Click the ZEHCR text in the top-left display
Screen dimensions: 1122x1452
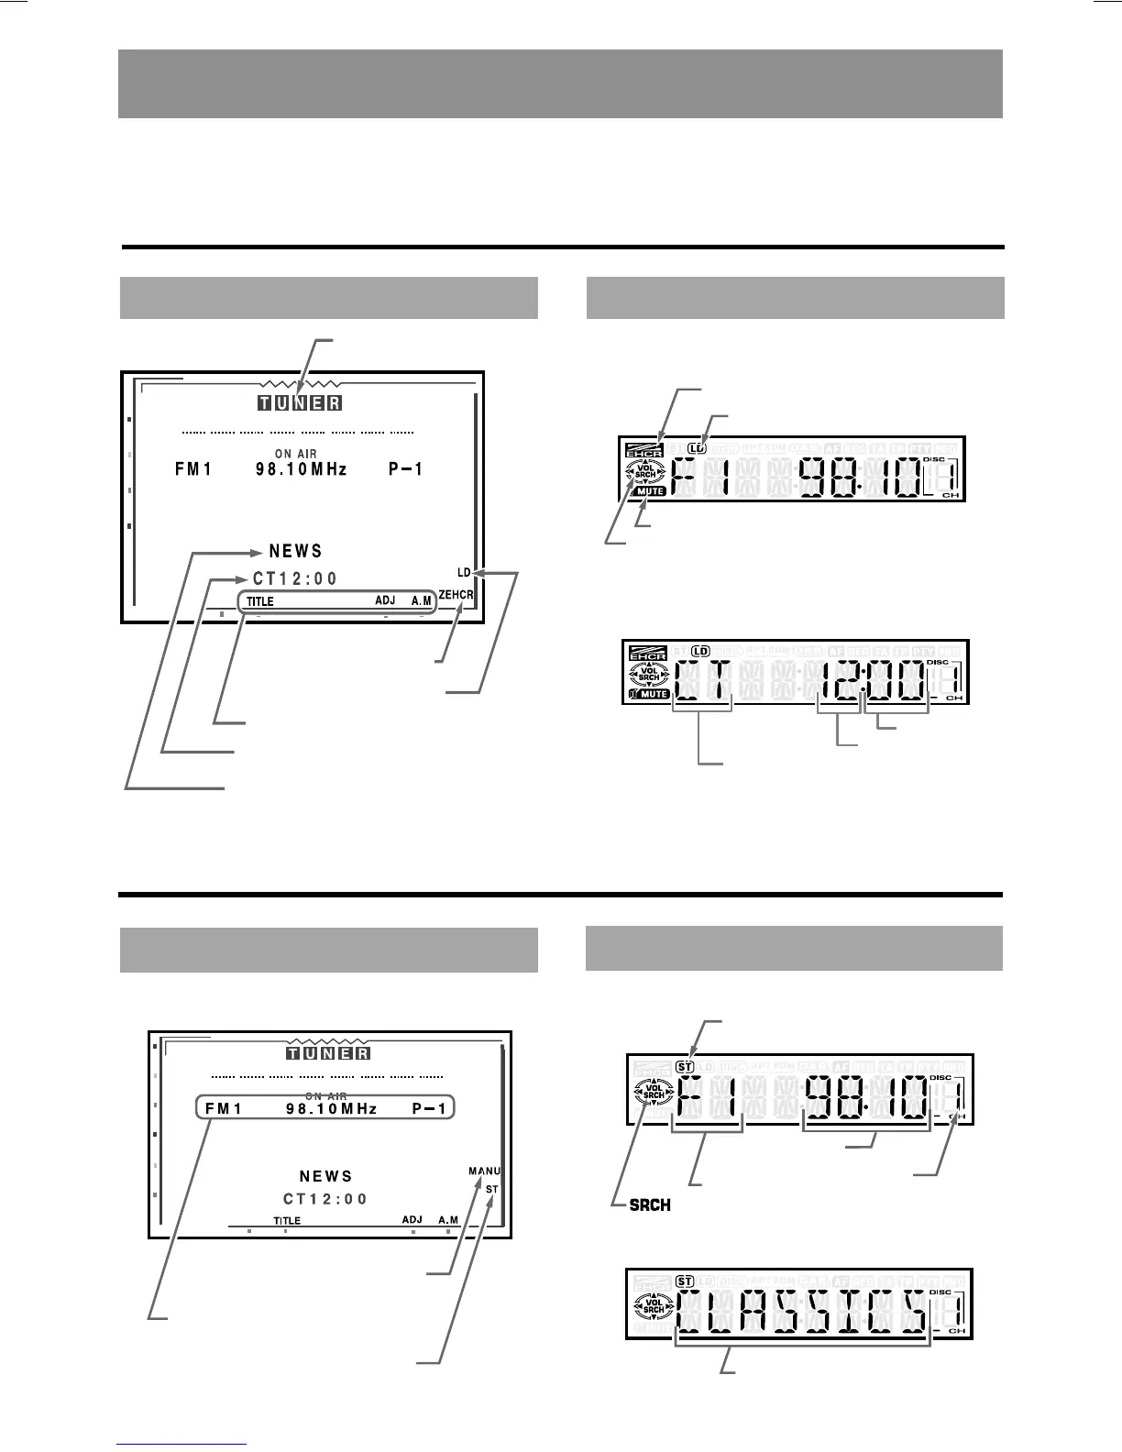[456, 595]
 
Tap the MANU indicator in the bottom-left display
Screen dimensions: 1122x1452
[484, 1171]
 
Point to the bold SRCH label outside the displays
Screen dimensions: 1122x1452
[650, 1205]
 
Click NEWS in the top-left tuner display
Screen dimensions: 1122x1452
[295, 551]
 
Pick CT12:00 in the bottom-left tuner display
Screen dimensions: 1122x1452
[325, 1199]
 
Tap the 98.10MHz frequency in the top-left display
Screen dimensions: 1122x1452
[302, 469]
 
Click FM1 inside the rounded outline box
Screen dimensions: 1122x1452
[224, 1108]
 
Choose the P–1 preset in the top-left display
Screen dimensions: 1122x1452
[405, 469]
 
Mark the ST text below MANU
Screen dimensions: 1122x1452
[492, 1190]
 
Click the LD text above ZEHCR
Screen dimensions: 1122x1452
[464, 573]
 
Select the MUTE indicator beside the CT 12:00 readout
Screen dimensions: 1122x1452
[653, 694]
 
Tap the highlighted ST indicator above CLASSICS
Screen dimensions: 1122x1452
[684, 1281]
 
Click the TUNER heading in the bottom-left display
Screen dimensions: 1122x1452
[327, 1053]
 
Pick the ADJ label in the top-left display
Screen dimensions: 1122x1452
[385, 600]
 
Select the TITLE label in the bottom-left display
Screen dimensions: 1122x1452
[287, 1221]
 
